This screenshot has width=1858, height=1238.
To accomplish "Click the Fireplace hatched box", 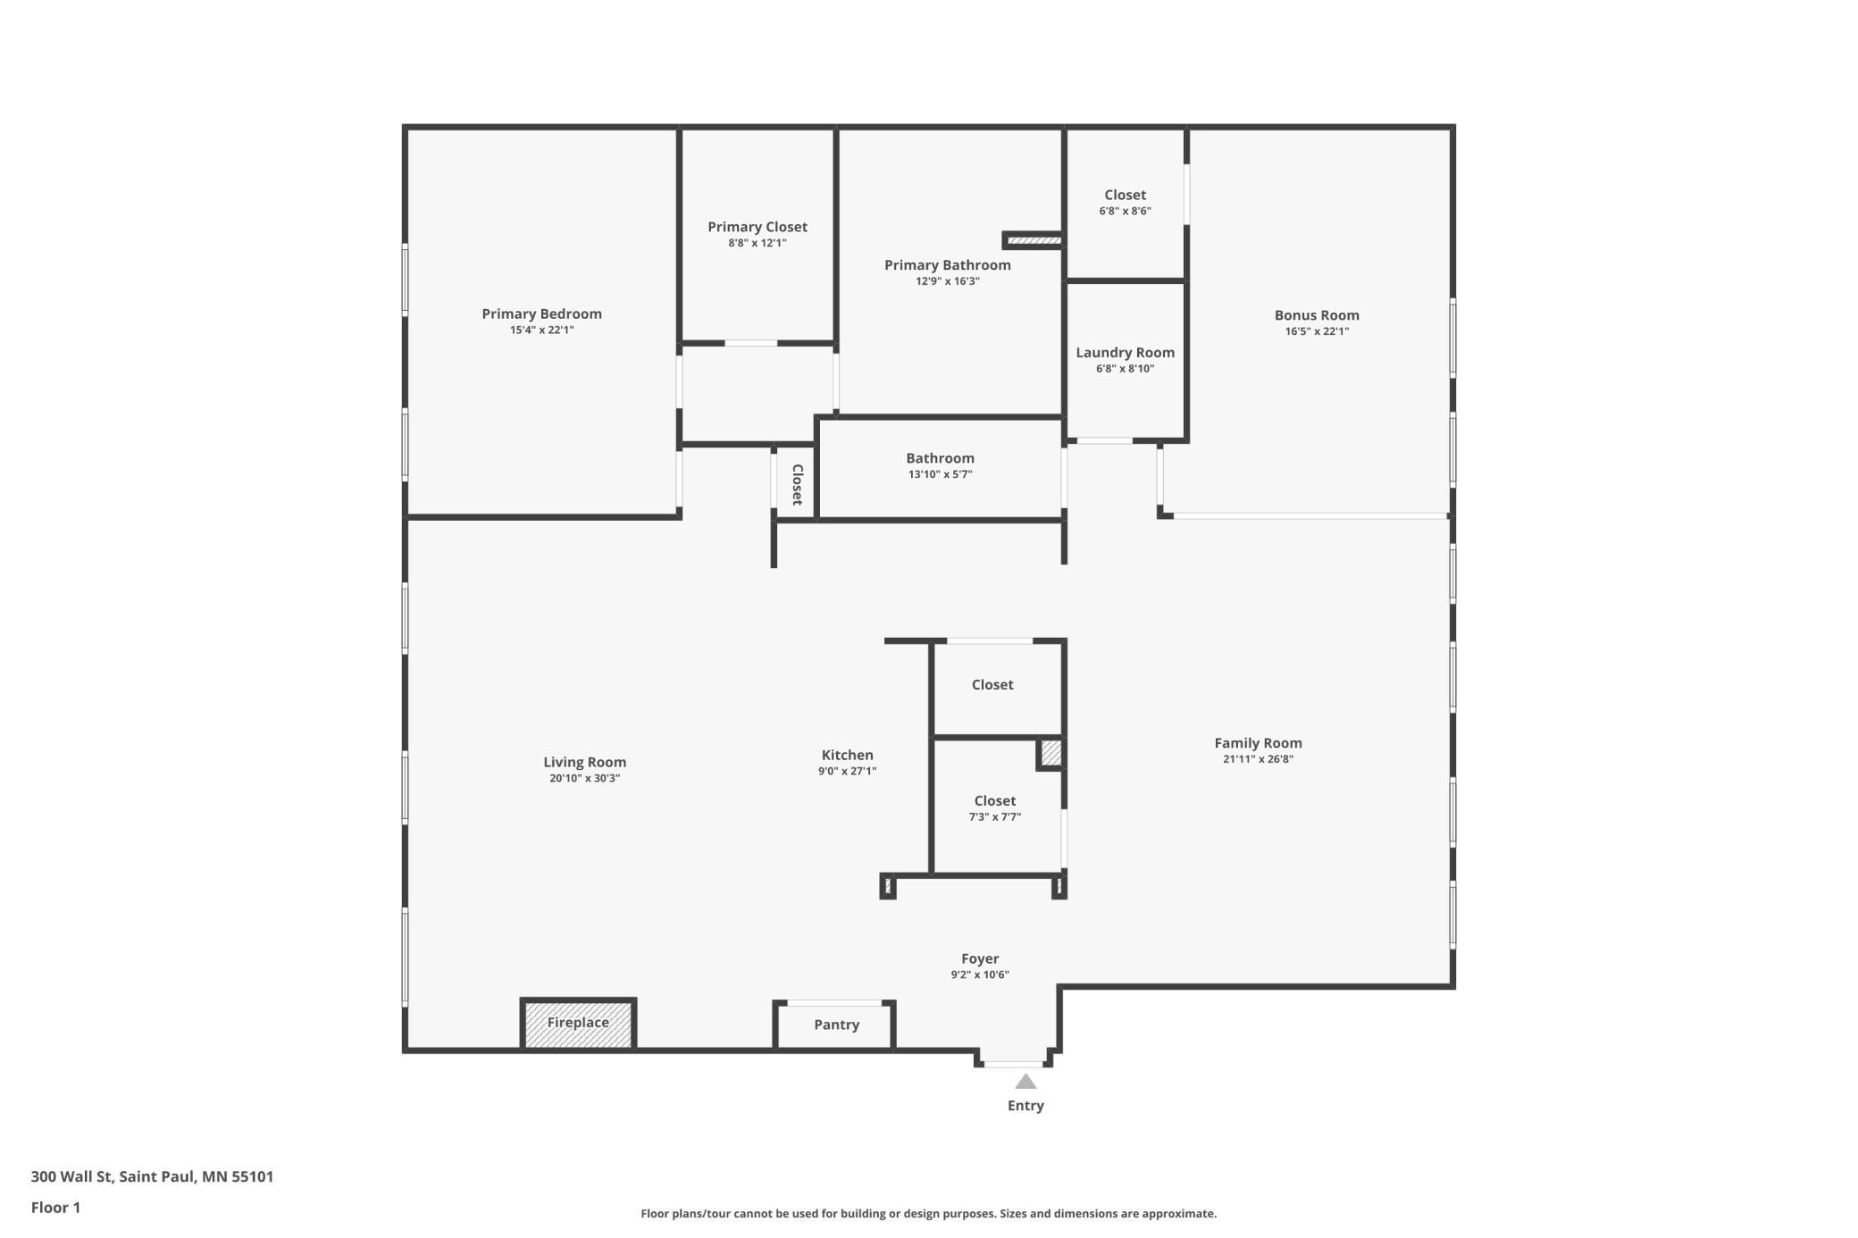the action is coord(578,1024).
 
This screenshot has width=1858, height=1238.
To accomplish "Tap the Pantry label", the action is coord(837,1025).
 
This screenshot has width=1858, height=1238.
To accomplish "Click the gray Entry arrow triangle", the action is coord(1025,1082).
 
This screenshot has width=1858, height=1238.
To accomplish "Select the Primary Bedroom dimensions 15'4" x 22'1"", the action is coord(542,330).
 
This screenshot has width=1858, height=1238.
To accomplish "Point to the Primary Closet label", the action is coord(757,227).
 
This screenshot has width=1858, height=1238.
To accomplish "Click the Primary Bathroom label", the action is coord(948,265).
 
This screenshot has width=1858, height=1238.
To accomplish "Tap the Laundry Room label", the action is coord(1126,353).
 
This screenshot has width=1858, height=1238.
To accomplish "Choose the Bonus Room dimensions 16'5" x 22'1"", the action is coord(1318,331).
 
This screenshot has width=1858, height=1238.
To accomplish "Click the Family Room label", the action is coord(1259,743).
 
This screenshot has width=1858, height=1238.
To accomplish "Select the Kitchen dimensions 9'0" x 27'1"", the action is coord(848,772).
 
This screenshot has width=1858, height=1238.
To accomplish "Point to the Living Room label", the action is coord(585,763).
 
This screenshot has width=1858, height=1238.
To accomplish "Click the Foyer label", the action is coord(980,959).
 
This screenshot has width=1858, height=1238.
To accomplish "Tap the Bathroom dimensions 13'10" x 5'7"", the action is coord(941,474).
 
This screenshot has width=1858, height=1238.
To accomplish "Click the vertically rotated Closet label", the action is coord(798,484).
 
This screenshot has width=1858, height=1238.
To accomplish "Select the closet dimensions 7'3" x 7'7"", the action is coord(995,817).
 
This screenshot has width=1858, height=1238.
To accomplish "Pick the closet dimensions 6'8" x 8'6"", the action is coord(1126,212).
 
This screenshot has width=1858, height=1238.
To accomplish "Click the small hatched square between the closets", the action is coord(1051,753).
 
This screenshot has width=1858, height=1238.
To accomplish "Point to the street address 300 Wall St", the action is coord(71,1177).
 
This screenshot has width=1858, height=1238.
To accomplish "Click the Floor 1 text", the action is coord(55,1208).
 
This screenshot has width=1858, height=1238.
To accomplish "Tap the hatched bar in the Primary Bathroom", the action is coord(1034,240).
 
